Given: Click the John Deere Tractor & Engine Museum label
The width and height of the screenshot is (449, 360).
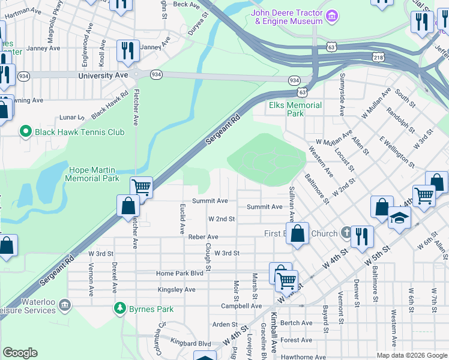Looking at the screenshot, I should pyautogui.click(x=287, y=16).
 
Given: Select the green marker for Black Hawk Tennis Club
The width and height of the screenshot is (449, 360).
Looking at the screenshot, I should pyautogui.click(x=25, y=131).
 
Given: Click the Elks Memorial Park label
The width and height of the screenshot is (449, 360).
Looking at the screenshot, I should pyautogui.click(x=295, y=109).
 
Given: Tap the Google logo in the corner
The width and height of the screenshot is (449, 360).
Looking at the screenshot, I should pyautogui.click(x=19, y=353).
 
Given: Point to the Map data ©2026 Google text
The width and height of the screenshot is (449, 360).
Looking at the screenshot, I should pyautogui.click(x=412, y=355).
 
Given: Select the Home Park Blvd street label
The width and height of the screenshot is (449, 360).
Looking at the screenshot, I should pyautogui.click(x=180, y=274).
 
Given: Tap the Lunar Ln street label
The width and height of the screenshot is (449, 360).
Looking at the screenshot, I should pyautogui.click(x=70, y=118).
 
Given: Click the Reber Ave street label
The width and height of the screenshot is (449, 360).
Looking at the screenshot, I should pyautogui.click(x=203, y=237).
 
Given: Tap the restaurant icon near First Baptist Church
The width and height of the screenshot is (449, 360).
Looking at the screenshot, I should pyautogui.click(x=362, y=236).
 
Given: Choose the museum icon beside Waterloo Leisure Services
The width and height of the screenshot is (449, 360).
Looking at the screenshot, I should pyautogui.click(x=65, y=305).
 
